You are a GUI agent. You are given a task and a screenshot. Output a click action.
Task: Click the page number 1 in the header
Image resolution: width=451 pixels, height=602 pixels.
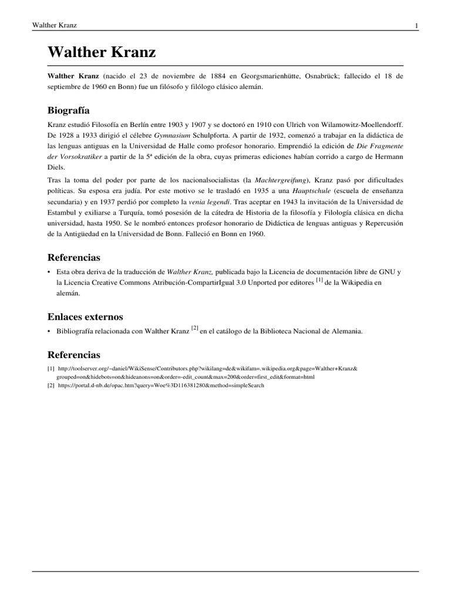416,26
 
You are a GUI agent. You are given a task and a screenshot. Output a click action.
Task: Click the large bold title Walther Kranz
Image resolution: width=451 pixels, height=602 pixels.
102,52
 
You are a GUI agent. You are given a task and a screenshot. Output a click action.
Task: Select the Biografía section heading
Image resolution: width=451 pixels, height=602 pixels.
68,111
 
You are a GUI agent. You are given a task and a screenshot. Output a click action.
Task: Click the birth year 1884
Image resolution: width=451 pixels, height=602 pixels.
218,76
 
